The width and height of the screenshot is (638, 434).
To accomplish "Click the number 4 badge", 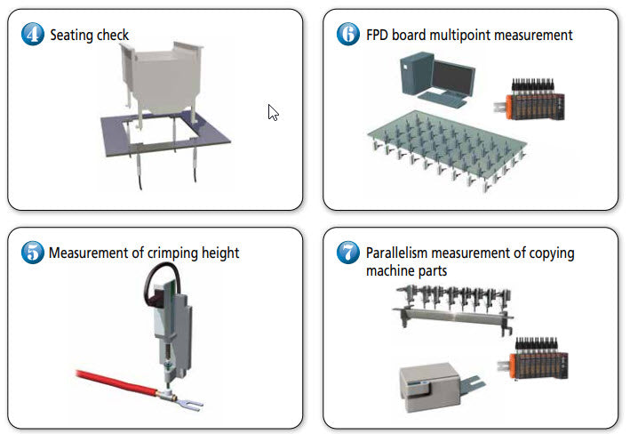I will (33, 35).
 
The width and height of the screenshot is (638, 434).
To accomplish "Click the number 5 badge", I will (33, 253).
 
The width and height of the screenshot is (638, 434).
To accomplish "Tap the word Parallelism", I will (401, 253).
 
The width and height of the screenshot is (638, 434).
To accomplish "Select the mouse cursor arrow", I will (274, 112).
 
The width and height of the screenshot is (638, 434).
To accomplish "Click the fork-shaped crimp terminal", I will (189, 403).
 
